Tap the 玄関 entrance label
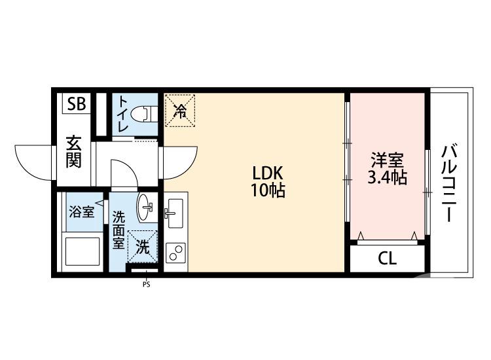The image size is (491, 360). click(73, 152)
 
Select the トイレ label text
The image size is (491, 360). click(122, 115)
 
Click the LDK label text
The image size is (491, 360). click(268, 173)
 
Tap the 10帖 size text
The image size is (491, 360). click(268, 191)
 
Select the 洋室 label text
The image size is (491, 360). click(388, 160)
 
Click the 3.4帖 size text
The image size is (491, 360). click(388, 178)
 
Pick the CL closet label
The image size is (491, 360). click(387, 259)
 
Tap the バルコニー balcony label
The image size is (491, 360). click(448, 183)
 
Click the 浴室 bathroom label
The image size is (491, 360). click(82, 211)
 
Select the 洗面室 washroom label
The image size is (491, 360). click(118, 230)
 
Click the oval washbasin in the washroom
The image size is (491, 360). click(146, 208)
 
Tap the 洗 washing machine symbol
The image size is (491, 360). click(143, 247)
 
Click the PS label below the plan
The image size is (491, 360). click(146, 284)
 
